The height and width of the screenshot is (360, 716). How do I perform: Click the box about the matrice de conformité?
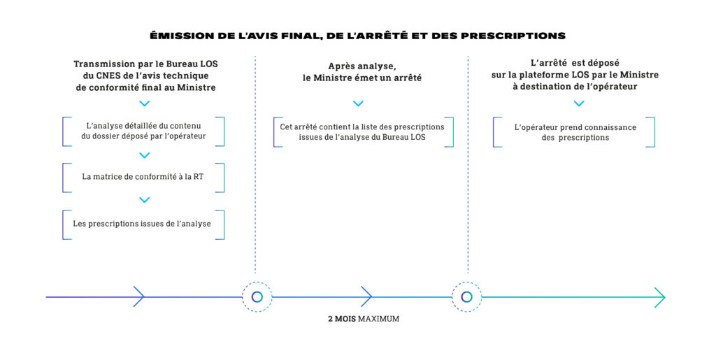coord(143,177)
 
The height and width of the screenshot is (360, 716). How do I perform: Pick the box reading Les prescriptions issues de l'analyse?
coord(143,224)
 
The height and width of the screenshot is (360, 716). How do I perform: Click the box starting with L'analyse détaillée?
coord(143,131)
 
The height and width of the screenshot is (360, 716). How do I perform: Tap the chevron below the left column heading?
coord(144,103)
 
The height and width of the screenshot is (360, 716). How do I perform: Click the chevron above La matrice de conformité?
coord(144,155)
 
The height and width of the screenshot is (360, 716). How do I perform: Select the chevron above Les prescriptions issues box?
coord(144,200)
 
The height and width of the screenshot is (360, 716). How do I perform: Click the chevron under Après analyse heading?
coord(358,103)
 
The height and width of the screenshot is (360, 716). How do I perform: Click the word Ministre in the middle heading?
coord(333,78)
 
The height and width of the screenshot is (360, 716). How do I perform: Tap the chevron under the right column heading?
coord(579,103)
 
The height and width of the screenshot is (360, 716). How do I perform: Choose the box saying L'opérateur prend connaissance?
coord(575,132)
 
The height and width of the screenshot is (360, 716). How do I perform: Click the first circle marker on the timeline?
coord(257,297)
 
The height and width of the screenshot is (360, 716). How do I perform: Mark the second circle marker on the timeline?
coord(466,297)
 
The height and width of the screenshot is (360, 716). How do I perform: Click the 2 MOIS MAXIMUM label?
coord(364,319)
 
